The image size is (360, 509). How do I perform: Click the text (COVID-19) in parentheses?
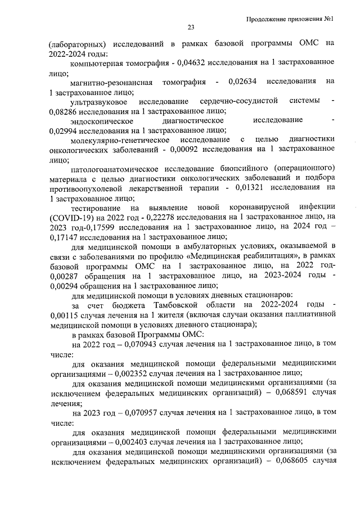(x=70, y=217)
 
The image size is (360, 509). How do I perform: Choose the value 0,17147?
(x=64, y=237)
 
